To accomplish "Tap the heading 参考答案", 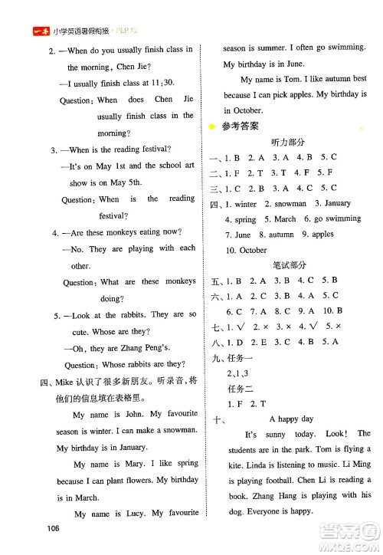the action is (240, 126).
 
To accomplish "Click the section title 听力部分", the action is (288, 142).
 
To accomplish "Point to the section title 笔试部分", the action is (288, 265).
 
